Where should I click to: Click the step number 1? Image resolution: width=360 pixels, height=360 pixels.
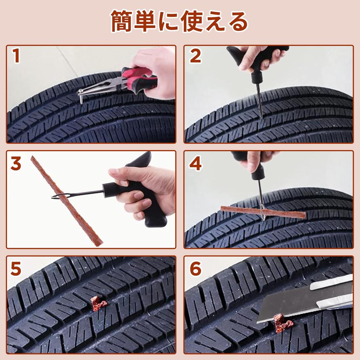click(x=16, y=56)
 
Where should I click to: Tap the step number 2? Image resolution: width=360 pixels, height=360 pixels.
click(x=195, y=56)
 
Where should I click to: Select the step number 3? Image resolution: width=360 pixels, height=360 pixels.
click(x=16, y=163)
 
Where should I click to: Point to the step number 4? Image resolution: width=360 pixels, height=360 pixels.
click(x=195, y=163)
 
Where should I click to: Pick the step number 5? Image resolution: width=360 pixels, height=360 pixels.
click(x=16, y=269)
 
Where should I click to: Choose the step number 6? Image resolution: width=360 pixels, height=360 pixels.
click(x=195, y=269)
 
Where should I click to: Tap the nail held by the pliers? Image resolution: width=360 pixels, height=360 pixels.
click(x=80, y=97)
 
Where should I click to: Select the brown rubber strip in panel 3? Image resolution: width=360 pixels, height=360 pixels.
click(x=67, y=200)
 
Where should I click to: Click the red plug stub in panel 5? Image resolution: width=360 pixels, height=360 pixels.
click(x=97, y=303)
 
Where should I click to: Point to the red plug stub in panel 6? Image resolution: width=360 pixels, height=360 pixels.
click(x=281, y=323)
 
